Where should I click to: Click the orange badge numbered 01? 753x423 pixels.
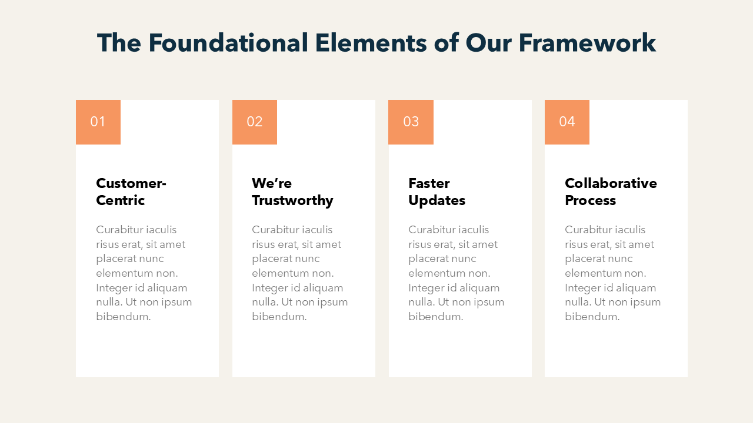click(x=98, y=122)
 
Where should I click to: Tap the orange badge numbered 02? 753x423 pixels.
click(x=255, y=122)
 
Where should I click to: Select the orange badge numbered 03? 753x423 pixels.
click(x=411, y=122)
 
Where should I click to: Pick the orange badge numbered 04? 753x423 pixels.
click(x=567, y=122)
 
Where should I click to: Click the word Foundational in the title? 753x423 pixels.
click(x=228, y=43)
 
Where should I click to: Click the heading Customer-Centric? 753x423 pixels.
click(x=131, y=192)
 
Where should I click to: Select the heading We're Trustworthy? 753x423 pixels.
click(x=292, y=192)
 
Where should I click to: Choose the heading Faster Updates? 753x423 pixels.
click(x=437, y=192)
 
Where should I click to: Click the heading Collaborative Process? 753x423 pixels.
click(x=611, y=192)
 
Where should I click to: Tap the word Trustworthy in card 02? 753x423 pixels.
click(x=292, y=200)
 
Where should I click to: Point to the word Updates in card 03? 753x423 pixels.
click(x=437, y=200)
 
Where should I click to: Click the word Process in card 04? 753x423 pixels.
click(x=590, y=200)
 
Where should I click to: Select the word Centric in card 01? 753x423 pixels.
click(x=121, y=200)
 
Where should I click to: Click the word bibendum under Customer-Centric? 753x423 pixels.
click(x=124, y=317)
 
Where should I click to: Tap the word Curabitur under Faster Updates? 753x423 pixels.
click(x=431, y=230)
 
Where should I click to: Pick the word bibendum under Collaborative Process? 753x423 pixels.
click(x=592, y=317)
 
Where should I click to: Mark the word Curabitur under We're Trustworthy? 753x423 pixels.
click(x=274, y=230)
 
